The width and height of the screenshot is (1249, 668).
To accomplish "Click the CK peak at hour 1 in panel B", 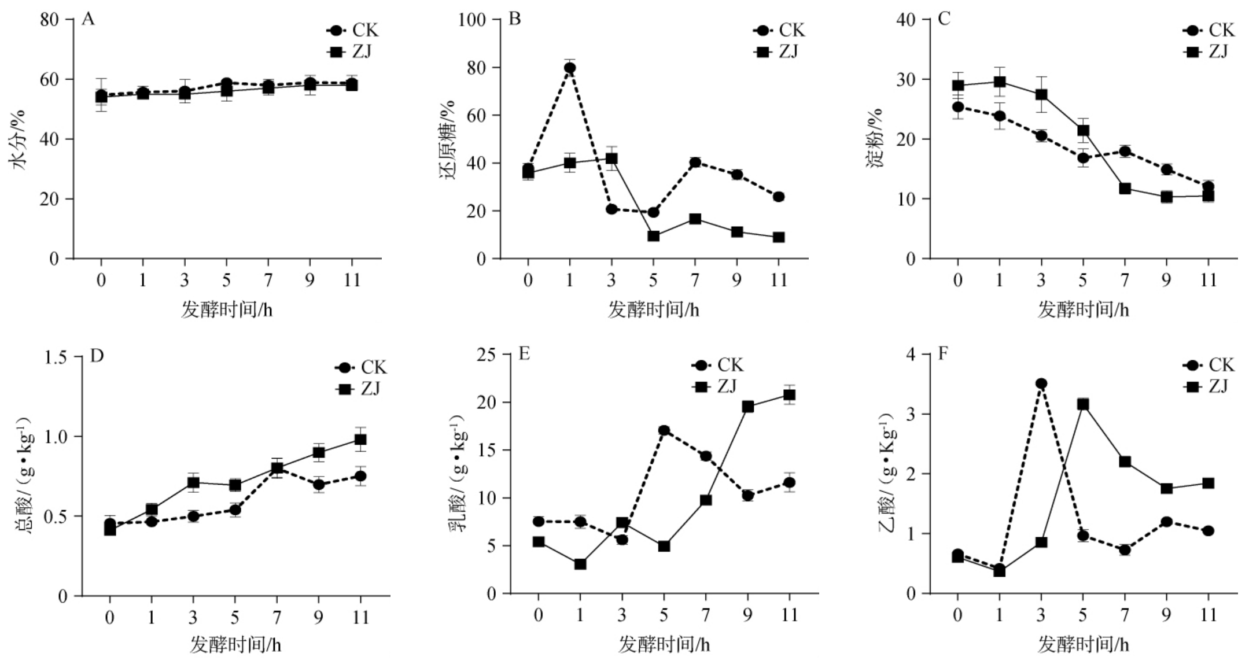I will pyautogui.click(x=570, y=68).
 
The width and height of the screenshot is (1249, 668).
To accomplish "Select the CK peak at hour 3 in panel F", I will pyautogui.click(x=1041, y=383).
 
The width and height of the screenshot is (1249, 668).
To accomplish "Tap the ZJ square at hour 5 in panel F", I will pyautogui.click(x=1083, y=404).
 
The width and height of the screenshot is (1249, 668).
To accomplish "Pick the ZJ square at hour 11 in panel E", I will pyautogui.click(x=789, y=395).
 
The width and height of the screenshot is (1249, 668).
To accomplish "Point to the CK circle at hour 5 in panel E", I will pyautogui.click(x=664, y=430).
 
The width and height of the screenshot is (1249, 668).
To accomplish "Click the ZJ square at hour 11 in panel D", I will pyautogui.click(x=360, y=440).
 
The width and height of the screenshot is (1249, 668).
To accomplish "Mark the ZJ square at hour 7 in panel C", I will pyautogui.click(x=1125, y=189).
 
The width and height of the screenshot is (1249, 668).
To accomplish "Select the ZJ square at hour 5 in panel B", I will pyautogui.click(x=653, y=236).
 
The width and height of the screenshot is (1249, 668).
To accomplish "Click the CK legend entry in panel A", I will pyautogui.click(x=353, y=30).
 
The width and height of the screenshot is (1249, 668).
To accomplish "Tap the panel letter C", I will pyautogui.click(x=944, y=19).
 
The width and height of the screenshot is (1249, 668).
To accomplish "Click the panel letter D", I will pyautogui.click(x=97, y=355).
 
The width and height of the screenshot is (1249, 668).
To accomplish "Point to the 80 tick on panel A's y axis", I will pyautogui.click(x=50, y=20).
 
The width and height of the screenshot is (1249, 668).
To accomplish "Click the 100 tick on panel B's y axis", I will pyautogui.click(x=471, y=20).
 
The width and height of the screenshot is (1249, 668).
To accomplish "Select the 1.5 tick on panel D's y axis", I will pyautogui.click(x=56, y=357).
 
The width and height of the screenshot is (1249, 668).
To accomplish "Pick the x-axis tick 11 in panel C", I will pyautogui.click(x=1208, y=281).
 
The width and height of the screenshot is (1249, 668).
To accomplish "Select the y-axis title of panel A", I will pyautogui.click(x=19, y=139).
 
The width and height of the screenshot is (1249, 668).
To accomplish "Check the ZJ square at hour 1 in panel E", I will pyautogui.click(x=580, y=564).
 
